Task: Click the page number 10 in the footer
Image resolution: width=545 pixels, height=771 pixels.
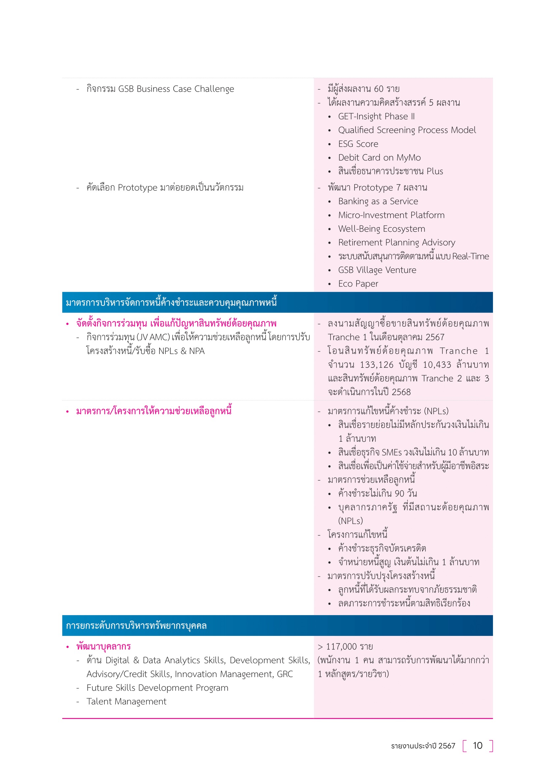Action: (x=477, y=746)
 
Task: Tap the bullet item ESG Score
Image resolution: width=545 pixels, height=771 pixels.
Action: (x=358, y=144)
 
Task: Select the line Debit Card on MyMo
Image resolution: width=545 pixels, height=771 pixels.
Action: (x=379, y=158)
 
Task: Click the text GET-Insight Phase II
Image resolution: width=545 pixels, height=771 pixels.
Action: (x=376, y=116)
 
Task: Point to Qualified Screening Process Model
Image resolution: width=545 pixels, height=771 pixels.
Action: (x=407, y=130)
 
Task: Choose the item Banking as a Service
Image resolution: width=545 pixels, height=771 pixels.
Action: (x=378, y=201)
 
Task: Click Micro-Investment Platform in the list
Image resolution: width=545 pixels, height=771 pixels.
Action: (x=391, y=215)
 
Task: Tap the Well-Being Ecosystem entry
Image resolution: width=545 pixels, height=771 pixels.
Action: (x=381, y=229)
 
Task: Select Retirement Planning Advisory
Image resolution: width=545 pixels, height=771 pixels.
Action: (x=396, y=243)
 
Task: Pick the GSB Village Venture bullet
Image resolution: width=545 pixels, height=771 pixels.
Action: (x=377, y=270)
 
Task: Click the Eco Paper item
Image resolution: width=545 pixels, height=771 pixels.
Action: (x=358, y=284)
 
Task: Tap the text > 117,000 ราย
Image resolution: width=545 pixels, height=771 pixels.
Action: (x=345, y=647)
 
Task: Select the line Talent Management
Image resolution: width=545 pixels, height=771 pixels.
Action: (x=126, y=701)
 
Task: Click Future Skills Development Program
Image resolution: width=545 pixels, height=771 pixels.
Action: (x=157, y=688)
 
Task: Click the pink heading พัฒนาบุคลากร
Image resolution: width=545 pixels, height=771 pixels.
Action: (x=103, y=646)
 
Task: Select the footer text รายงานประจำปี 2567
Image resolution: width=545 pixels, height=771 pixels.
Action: (x=423, y=746)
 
